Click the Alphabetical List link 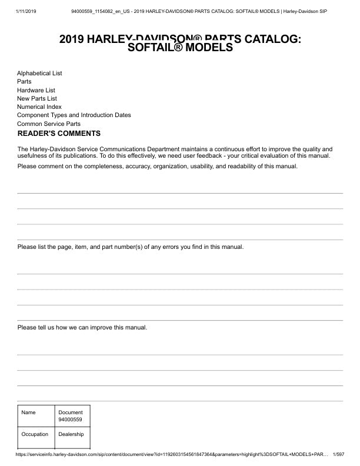click(x=39, y=73)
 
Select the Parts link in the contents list click(x=24, y=81)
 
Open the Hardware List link click(x=36, y=90)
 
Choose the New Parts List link click(x=37, y=98)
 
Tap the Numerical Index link click(x=39, y=107)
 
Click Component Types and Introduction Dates click(x=74, y=115)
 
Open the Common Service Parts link click(x=49, y=124)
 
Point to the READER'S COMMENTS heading click(x=59, y=134)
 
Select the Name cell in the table click(x=28, y=412)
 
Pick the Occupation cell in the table click(x=35, y=434)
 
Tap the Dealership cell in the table click(x=71, y=434)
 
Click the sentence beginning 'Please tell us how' click(x=82, y=327)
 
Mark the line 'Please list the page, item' click(x=131, y=247)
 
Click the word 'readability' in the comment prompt click(x=248, y=167)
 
